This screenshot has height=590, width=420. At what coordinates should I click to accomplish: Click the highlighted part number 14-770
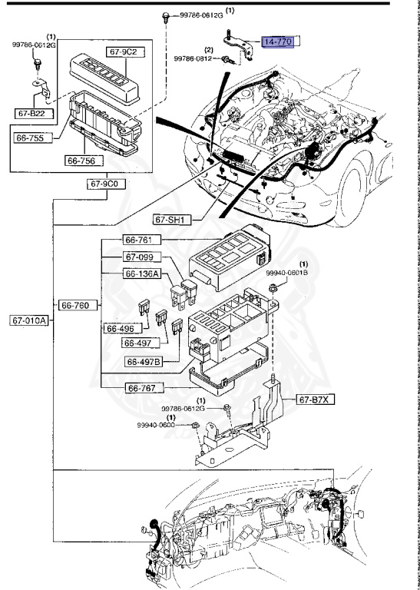tap(277, 41)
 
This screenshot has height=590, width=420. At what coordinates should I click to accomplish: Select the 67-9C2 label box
tap(123, 52)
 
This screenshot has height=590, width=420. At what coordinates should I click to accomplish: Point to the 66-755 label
tap(31, 139)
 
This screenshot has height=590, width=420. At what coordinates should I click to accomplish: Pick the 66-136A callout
tap(143, 273)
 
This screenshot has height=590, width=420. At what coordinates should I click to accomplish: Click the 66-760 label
tap(78, 305)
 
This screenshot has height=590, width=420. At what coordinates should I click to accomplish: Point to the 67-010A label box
tap(30, 320)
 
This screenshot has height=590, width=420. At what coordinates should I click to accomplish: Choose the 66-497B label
tap(144, 362)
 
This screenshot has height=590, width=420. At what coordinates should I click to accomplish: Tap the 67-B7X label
tap(314, 399)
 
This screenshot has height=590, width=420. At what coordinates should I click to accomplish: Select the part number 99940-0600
tap(162, 426)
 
